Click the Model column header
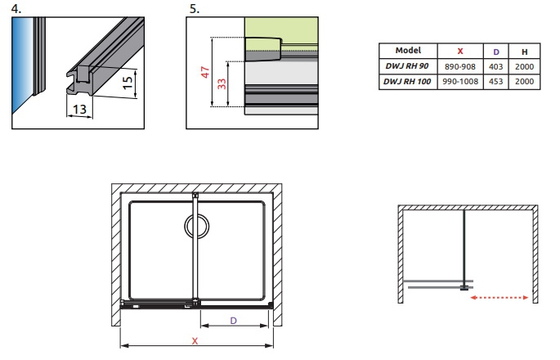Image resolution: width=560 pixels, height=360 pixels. (x=408, y=51)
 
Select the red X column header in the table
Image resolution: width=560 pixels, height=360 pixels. (x=460, y=52)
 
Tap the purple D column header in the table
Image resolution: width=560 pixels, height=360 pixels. (x=495, y=52)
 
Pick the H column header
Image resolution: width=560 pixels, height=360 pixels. (x=524, y=52)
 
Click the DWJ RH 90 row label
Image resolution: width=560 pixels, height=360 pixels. (x=407, y=66)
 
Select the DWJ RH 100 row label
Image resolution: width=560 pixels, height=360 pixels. (x=407, y=82)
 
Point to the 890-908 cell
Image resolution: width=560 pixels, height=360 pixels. (x=460, y=66)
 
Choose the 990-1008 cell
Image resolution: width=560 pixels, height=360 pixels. (x=460, y=82)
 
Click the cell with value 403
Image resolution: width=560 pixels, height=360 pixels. (x=495, y=66)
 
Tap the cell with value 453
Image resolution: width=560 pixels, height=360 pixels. (x=495, y=82)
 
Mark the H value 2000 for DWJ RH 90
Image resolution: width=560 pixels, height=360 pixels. (x=524, y=66)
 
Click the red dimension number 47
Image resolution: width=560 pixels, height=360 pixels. (x=205, y=72)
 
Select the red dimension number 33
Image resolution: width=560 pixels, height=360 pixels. (x=222, y=83)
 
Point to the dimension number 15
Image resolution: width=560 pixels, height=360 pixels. (x=128, y=83)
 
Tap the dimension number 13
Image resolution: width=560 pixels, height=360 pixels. (x=79, y=109)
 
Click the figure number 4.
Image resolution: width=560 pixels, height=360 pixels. (x=16, y=8)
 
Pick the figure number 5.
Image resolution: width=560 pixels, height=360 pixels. (x=195, y=8)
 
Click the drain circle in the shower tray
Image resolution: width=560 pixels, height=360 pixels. (x=197, y=226)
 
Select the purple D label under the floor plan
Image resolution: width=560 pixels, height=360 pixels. (x=234, y=321)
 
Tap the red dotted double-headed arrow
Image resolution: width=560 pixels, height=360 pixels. (x=500, y=298)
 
